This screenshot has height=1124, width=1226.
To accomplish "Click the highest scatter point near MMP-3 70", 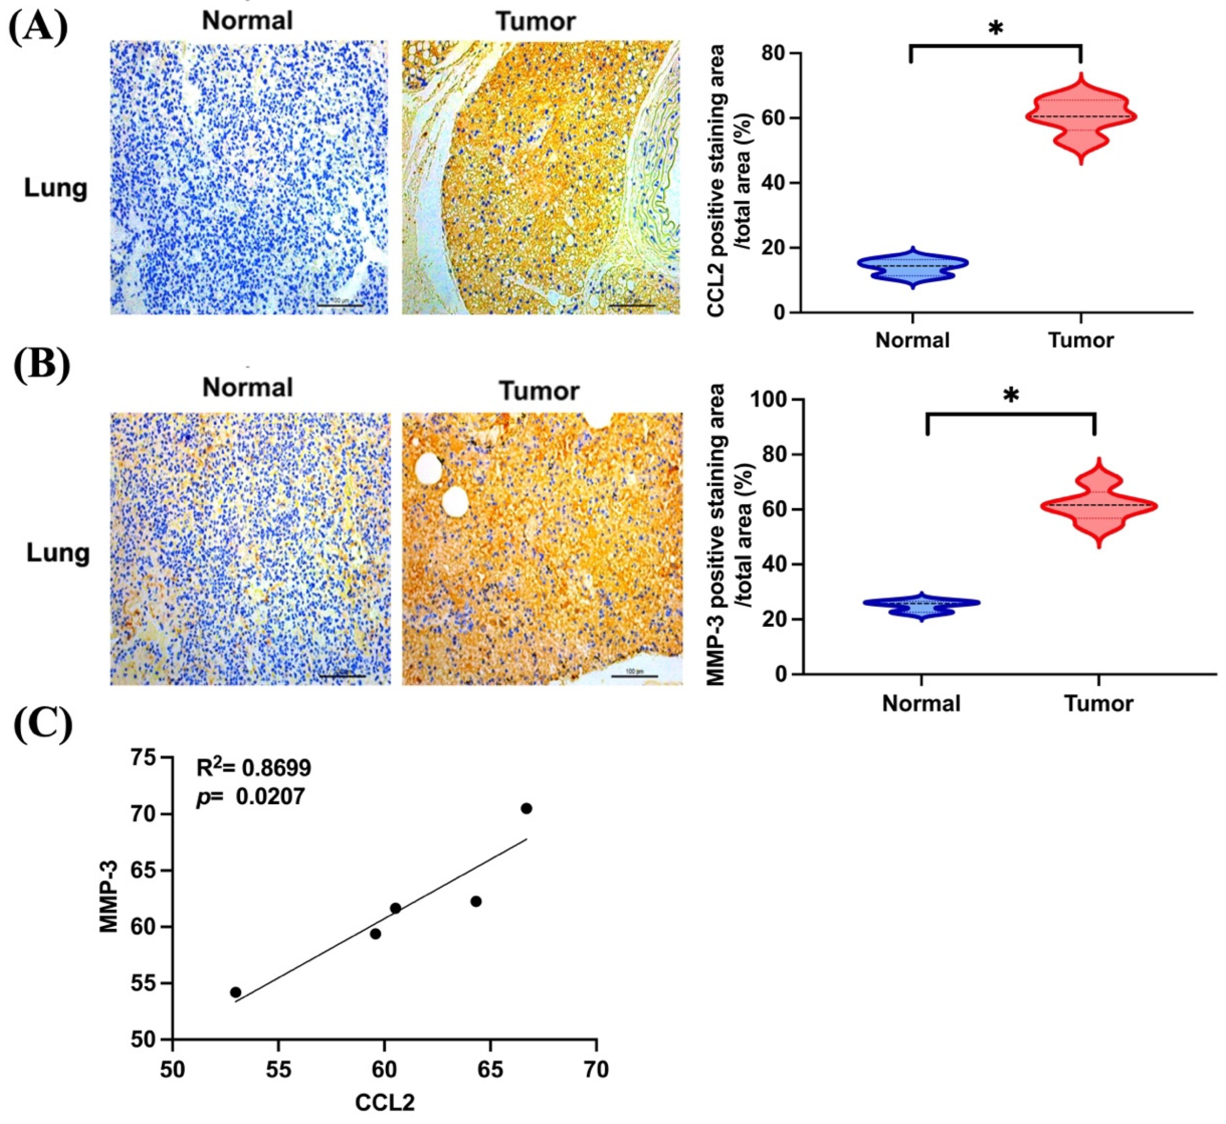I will click(x=526, y=808).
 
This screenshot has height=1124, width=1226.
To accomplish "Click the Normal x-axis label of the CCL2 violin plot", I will click(x=912, y=340).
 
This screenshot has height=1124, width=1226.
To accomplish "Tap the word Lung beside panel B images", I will click(x=58, y=553).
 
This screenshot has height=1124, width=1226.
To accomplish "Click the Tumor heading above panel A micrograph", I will click(x=536, y=22).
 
